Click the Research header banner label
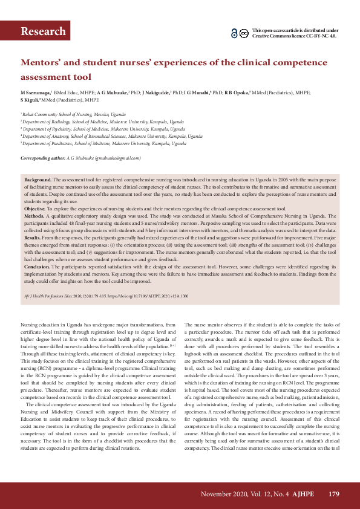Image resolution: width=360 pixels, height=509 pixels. [x=43, y=31]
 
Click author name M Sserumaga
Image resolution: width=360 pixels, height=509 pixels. [x=36, y=92]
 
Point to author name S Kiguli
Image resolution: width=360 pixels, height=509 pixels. [x=30, y=100]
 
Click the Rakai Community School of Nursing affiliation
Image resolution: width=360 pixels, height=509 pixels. [x=74, y=114]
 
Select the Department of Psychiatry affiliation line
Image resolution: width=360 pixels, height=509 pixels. [x=103, y=129]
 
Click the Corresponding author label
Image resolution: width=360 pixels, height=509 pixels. [x=43, y=158]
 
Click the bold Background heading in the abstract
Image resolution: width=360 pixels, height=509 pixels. [x=38, y=180]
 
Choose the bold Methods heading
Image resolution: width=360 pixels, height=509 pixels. [x=34, y=215]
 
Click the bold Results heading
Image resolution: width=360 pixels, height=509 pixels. [x=33, y=237]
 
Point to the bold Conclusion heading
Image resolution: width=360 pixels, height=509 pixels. [x=36, y=266]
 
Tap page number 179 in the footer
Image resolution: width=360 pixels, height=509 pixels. [x=333, y=494]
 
